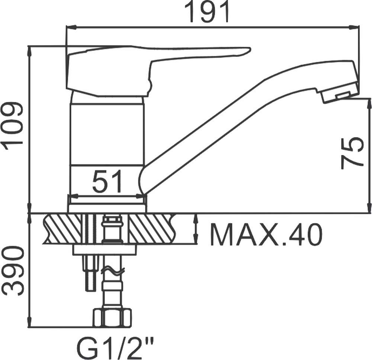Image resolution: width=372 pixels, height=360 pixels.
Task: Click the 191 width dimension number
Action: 207,12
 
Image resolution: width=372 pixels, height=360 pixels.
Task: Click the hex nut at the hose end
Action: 112,318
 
